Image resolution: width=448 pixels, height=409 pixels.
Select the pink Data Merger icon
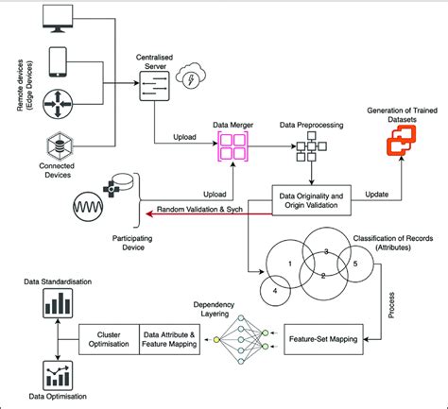[232, 149]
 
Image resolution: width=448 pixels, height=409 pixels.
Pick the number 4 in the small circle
[274, 292]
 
